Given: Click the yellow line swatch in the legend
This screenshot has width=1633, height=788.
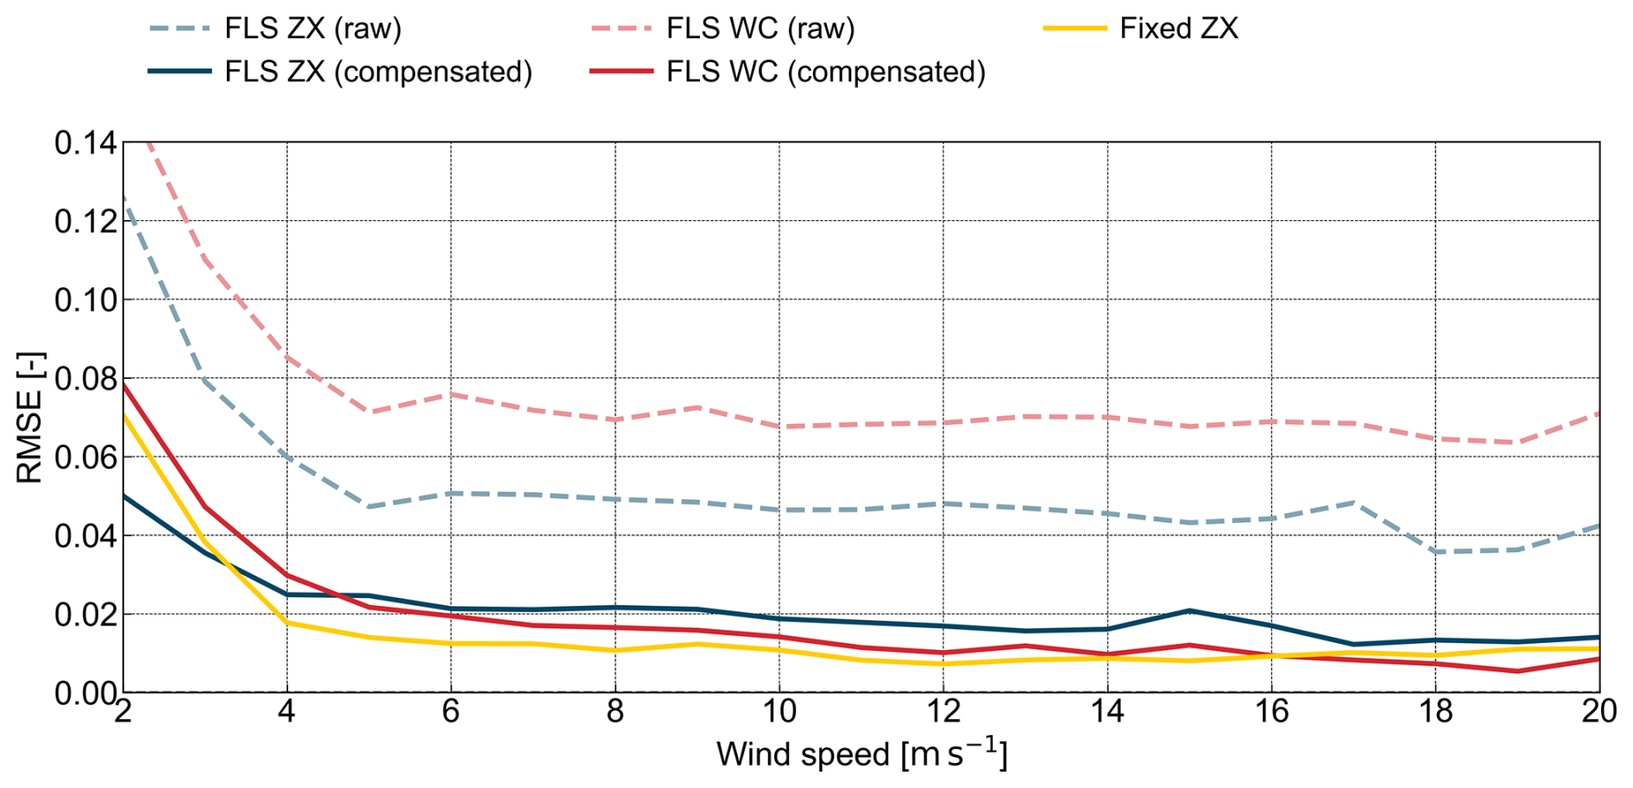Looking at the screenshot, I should pyautogui.click(x=1075, y=28).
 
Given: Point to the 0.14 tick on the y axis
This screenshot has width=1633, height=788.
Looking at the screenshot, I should pyautogui.click(x=85, y=143).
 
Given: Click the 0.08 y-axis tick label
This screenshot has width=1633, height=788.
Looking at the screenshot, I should pyautogui.click(x=85, y=379).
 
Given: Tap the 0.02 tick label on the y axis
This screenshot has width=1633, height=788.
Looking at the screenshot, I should pyautogui.click(x=85, y=615).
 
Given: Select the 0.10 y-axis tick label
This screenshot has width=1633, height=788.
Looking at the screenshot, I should pyautogui.click(x=85, y=300).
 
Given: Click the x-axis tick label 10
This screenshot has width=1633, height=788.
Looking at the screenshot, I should pyautogui.click(x=779, y=712).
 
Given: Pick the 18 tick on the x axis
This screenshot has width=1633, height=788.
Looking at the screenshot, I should pyautogui.click(x=1435, y=712).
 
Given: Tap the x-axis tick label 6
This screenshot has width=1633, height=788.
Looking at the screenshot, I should pyautogui.click(x=451, y=712).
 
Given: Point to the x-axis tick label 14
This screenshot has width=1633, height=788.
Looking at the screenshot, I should pyautogui.click(x=1107, y=712).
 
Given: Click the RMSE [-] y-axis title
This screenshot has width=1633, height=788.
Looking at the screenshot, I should pyautogui.click(x=29, y=417).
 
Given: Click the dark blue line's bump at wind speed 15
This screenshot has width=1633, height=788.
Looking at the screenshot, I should pyautogui.click(x=1189, y=611).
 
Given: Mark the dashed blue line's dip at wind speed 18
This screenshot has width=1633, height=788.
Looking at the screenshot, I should pyautogui.click(x=1435, y=552).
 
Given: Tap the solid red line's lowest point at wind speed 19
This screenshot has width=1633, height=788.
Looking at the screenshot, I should pyautogui.click(x=1517, y=671).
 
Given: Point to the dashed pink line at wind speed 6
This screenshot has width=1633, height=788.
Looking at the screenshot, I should pyautogui.click(x=451, y=394).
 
